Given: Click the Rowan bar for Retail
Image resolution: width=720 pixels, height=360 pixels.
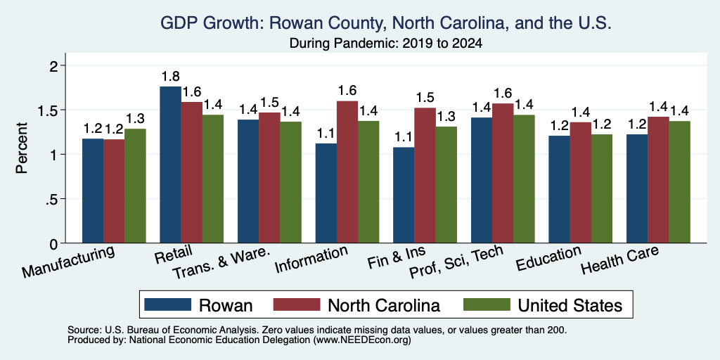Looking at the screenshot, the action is pyautogui.click(x=170, y=165).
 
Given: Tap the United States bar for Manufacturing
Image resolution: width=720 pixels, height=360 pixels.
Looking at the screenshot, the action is pyautogui.click(x=135, y=186).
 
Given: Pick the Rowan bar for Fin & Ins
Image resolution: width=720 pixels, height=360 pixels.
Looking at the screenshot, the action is pyautogui.click(x=404, y=195).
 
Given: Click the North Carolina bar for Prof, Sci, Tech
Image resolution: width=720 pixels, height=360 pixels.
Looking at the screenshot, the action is pyautogui.click(x=503, y=173).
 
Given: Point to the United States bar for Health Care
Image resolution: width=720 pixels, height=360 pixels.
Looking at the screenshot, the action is pyautogui.click(x=680, y=182).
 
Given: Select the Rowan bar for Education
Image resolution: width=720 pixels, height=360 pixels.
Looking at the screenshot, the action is pyautogui.click(x=559, y=189).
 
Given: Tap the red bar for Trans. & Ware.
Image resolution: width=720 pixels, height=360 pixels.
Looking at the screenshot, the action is pyautogui.click(x=269, y=178).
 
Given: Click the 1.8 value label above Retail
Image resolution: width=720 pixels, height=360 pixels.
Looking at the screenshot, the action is pyautogui.click(x=170, y=76).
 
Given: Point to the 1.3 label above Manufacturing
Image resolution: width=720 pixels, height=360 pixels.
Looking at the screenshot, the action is pyautogui.click(x=135, y=119).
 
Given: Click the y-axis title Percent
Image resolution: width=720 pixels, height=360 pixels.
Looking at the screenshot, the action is pyautogui.click(x=22, y=148).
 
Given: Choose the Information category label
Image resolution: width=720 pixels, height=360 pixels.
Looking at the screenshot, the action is pyautogui.click(x=311, y=259).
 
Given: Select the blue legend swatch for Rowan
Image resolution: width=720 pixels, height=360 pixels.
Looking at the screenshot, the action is pyautogui.click(x=167, y=304).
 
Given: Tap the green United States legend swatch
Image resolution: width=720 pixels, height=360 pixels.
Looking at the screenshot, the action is pyautogui.click(x=487, y=304).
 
